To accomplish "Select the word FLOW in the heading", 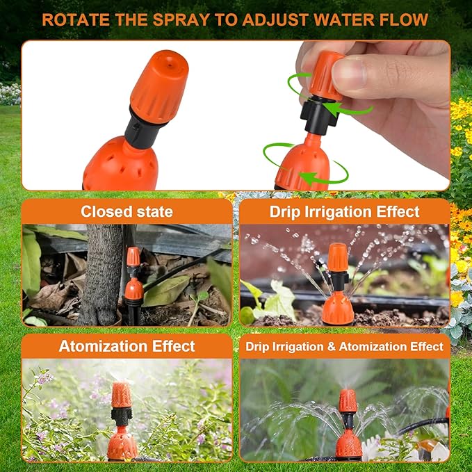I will coord(403,19).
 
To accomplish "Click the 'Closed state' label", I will coord(127,211).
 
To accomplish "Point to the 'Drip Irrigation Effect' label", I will coord(345,211).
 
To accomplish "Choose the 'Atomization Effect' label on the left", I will coord(127,345).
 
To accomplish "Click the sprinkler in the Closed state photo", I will coord(133,285).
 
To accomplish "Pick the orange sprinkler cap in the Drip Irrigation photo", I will coord(338,257).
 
